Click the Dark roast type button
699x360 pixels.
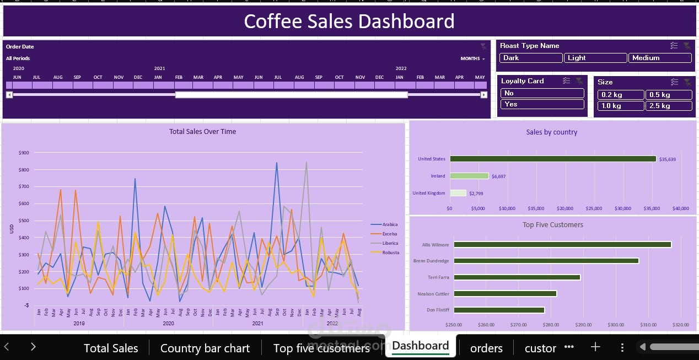click(530, 58)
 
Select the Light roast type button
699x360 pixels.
click(595, 58)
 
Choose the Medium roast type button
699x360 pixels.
click(659, 58)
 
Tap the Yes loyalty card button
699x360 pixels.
click(542, 104)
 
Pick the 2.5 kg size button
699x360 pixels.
click(669, 106)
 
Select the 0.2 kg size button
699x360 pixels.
click(621, 95)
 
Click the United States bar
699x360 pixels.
click(553, 159)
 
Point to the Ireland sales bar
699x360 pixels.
click(469, 176)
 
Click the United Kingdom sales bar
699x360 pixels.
click(458, 193)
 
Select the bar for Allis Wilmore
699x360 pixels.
click(562, 244)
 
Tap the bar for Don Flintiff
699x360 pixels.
click(499, 310)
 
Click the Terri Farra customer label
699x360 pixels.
click(438, 277)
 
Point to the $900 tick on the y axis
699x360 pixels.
click(24, 153)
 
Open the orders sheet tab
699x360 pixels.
click(486, 348)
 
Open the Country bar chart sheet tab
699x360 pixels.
click(205, 348)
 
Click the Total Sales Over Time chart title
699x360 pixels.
click(202, 131)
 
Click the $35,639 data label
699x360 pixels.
click(668, 159)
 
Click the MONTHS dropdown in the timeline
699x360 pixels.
click(472, 58)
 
